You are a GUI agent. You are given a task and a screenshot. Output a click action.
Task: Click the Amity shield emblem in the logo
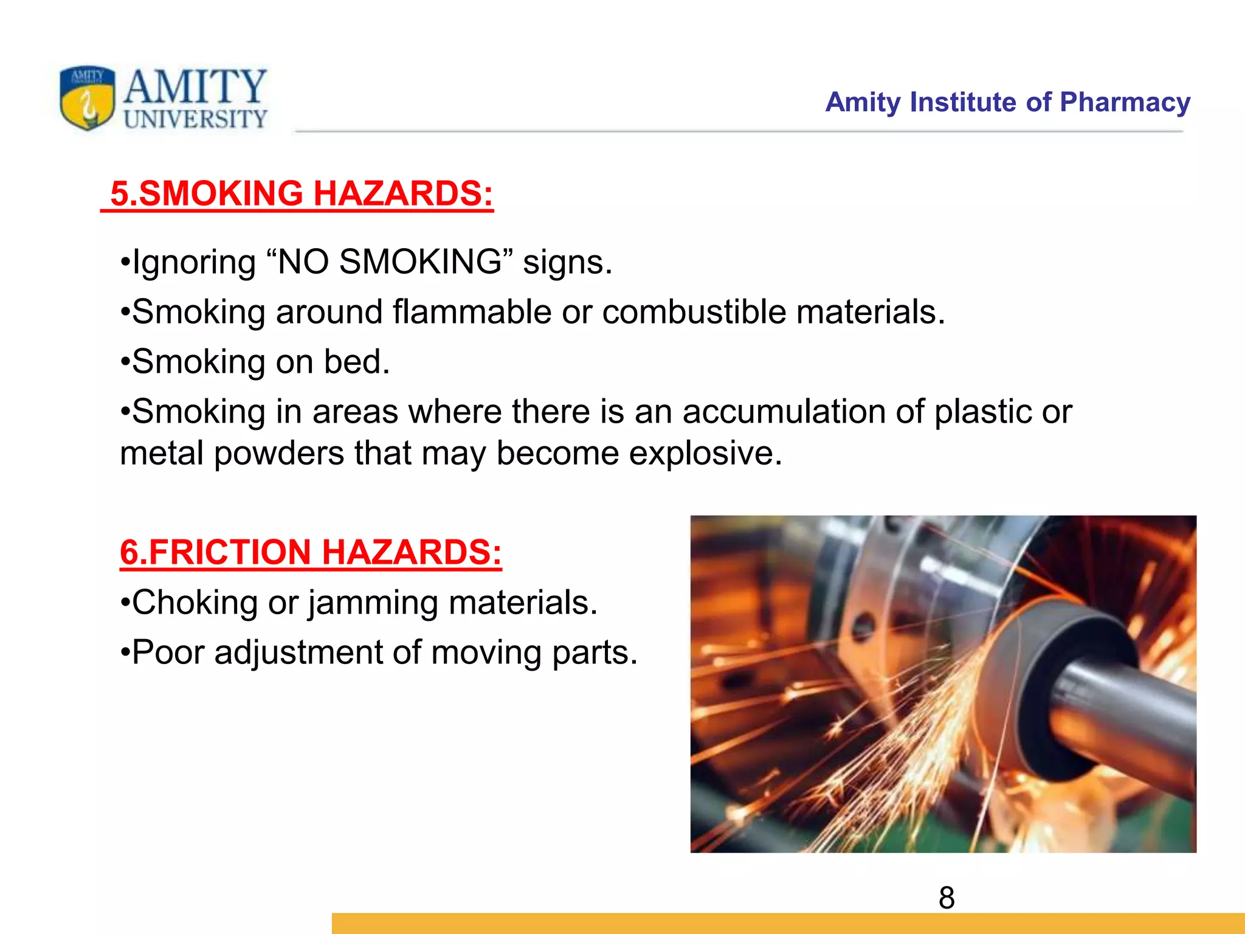click(x=88, y=98)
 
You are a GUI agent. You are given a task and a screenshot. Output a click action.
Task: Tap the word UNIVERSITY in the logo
click(x=195, y=119)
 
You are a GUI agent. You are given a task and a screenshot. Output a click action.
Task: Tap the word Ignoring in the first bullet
click(x=194, y=263)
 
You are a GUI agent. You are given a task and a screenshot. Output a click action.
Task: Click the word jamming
click(x=373, y=604)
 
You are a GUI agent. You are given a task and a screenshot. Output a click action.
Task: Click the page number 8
click(x=947, y=898)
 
